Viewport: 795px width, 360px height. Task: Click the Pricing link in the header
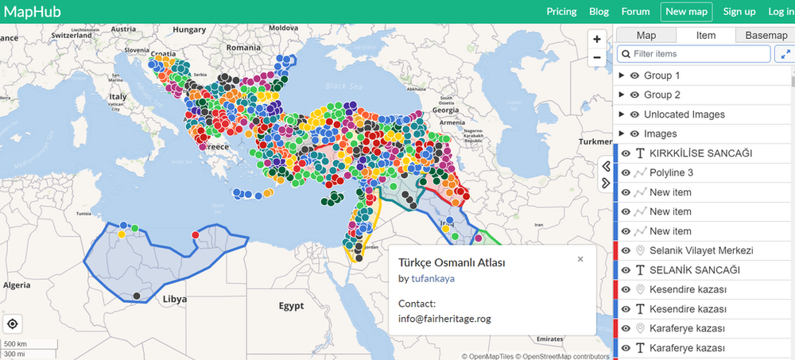coord(561,11)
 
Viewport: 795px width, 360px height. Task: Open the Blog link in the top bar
coord(599,11)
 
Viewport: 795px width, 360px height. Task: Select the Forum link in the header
coord(635,11)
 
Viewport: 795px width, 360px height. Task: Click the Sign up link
coord(739,11)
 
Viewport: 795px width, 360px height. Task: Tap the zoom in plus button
coord(597,39)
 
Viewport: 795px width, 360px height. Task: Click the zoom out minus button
coord(597,57)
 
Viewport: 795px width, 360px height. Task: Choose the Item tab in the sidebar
coord(706,35)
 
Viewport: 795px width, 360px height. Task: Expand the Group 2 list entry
coord(661,95)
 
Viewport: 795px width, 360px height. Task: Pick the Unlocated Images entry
coord(684,114)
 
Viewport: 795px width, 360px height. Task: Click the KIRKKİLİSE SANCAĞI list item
coord(700,153)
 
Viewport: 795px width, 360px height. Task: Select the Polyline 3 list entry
coord(671,172)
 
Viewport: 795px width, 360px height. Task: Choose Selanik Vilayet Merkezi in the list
coord(700,250)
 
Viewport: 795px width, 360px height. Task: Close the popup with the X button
coord(580,259)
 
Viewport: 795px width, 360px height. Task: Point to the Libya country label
coord(174,300)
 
